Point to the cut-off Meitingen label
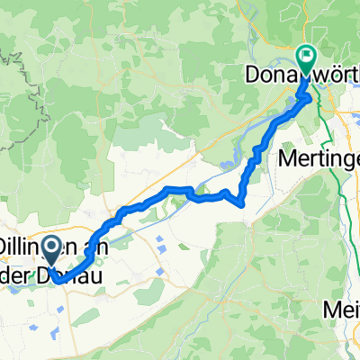coord(341,310)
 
